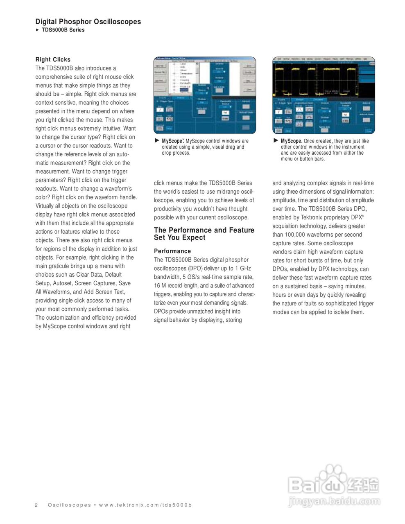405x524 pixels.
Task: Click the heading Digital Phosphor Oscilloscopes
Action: [x=88, y=22]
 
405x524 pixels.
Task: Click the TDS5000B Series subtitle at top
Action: [x=63, y=30]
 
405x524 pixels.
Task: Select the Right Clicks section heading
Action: [x=53, y=59]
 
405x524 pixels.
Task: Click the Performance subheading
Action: [x=172, y=251]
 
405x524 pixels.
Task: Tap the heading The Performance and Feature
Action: [x=204, y=230]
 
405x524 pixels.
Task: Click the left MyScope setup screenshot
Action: [x=204, y=96]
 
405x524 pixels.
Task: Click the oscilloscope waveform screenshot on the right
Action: [x=324, y=96]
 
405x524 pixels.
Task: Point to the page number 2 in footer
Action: [x=36, y=505]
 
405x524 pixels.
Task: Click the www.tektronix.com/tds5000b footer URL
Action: [x=146, y=505]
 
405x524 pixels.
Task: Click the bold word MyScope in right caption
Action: [x=291, y=141]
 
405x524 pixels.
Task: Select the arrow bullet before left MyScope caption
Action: [x=157, y=140]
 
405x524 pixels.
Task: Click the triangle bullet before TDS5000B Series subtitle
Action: [x=37, y=30]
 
